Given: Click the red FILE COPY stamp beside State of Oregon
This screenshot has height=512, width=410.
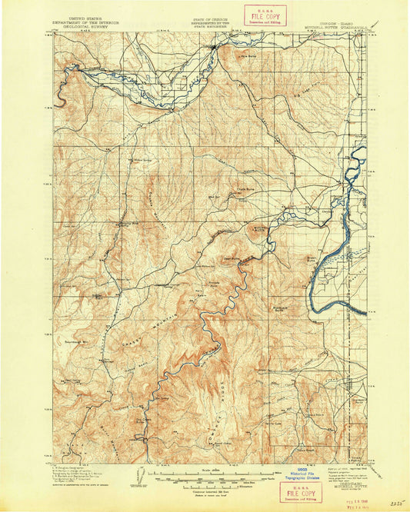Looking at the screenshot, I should [x=265, y=15].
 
